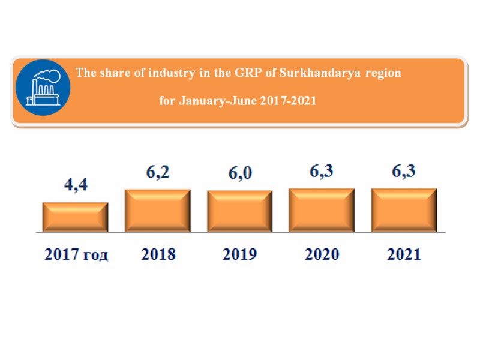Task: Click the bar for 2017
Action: [x=75, y=217]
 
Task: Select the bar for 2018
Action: [x=158, y=211]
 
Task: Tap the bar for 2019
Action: [x=240, y=211]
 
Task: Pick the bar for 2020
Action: [x=322, y=210]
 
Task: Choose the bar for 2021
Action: [x=404, y=210]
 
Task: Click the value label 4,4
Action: [x=76, y=185]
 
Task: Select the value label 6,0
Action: [x=240, y=173]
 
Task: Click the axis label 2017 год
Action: [x=77, y=254]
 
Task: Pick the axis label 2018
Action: [x=158, y=254]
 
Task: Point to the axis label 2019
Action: [x=240, y=254]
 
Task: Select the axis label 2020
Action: [x=322, y=254]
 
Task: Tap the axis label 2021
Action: [x=404, y=254]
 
